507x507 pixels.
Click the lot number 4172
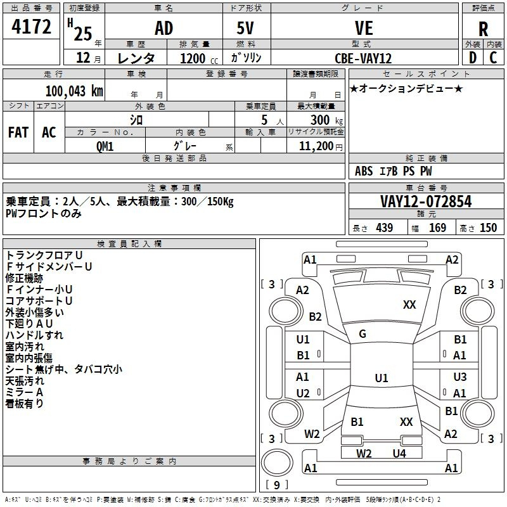click(31, 27)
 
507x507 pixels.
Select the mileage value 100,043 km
click(74, 91)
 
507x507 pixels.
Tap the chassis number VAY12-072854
click(426, 202)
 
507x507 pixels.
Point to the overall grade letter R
click(483, 29)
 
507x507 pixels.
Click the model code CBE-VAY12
click(363, 58)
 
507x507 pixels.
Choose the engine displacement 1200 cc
click(199, 58)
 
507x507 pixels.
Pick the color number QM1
click(105, 146)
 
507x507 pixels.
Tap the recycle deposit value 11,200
click(316, 146)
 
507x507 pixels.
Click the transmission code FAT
click(18, 132)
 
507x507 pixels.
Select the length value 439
click(385, 228)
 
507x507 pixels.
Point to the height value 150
click(488, 228)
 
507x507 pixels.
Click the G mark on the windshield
click(363, 334)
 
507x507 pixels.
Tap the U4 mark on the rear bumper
click(399, 454)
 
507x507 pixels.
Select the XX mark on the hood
click(409, 305)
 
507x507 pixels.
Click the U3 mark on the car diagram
click(460, 376)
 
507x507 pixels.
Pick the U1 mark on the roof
click(382, 378)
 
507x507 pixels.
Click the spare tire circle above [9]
click(277, 463)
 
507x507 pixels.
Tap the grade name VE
click(364, 28)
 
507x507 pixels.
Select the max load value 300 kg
click(326, 120)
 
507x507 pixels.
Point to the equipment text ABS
click(364, 171)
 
